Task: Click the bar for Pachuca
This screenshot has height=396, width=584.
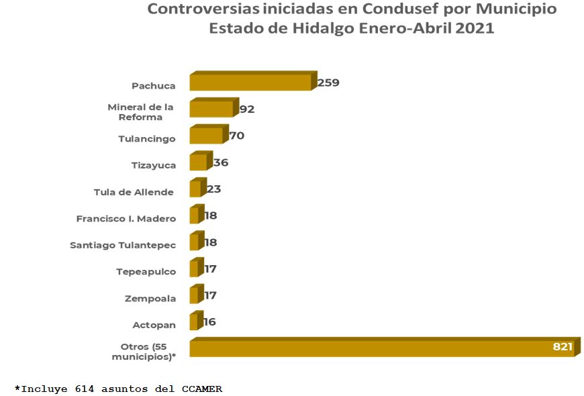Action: pos(250,82)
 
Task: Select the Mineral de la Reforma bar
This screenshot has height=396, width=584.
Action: pos(211,109)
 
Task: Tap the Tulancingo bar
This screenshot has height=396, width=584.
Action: pos(206,136)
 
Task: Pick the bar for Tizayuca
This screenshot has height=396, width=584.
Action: pos(198,162)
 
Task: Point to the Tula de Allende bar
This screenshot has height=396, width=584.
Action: pos(195,189)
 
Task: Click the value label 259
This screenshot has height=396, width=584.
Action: pos(328,83)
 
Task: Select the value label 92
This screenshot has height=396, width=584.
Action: pos(246,109)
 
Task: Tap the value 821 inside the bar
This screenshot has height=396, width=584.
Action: pos(562,347)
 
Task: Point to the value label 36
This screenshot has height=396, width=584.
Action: pos(221,162)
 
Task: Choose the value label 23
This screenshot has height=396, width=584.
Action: pos(213,189)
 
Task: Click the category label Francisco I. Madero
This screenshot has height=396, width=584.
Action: pos(126,219)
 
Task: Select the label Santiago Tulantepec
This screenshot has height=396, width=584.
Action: pos(123,245)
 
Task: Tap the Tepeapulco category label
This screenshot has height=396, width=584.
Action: pos(146,272)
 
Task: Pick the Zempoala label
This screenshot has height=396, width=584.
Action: pos(150,299)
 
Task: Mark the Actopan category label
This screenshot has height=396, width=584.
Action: pos(154,325)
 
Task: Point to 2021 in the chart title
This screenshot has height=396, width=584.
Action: pos(475,29)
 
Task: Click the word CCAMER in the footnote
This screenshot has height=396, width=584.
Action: pos(201,388)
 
